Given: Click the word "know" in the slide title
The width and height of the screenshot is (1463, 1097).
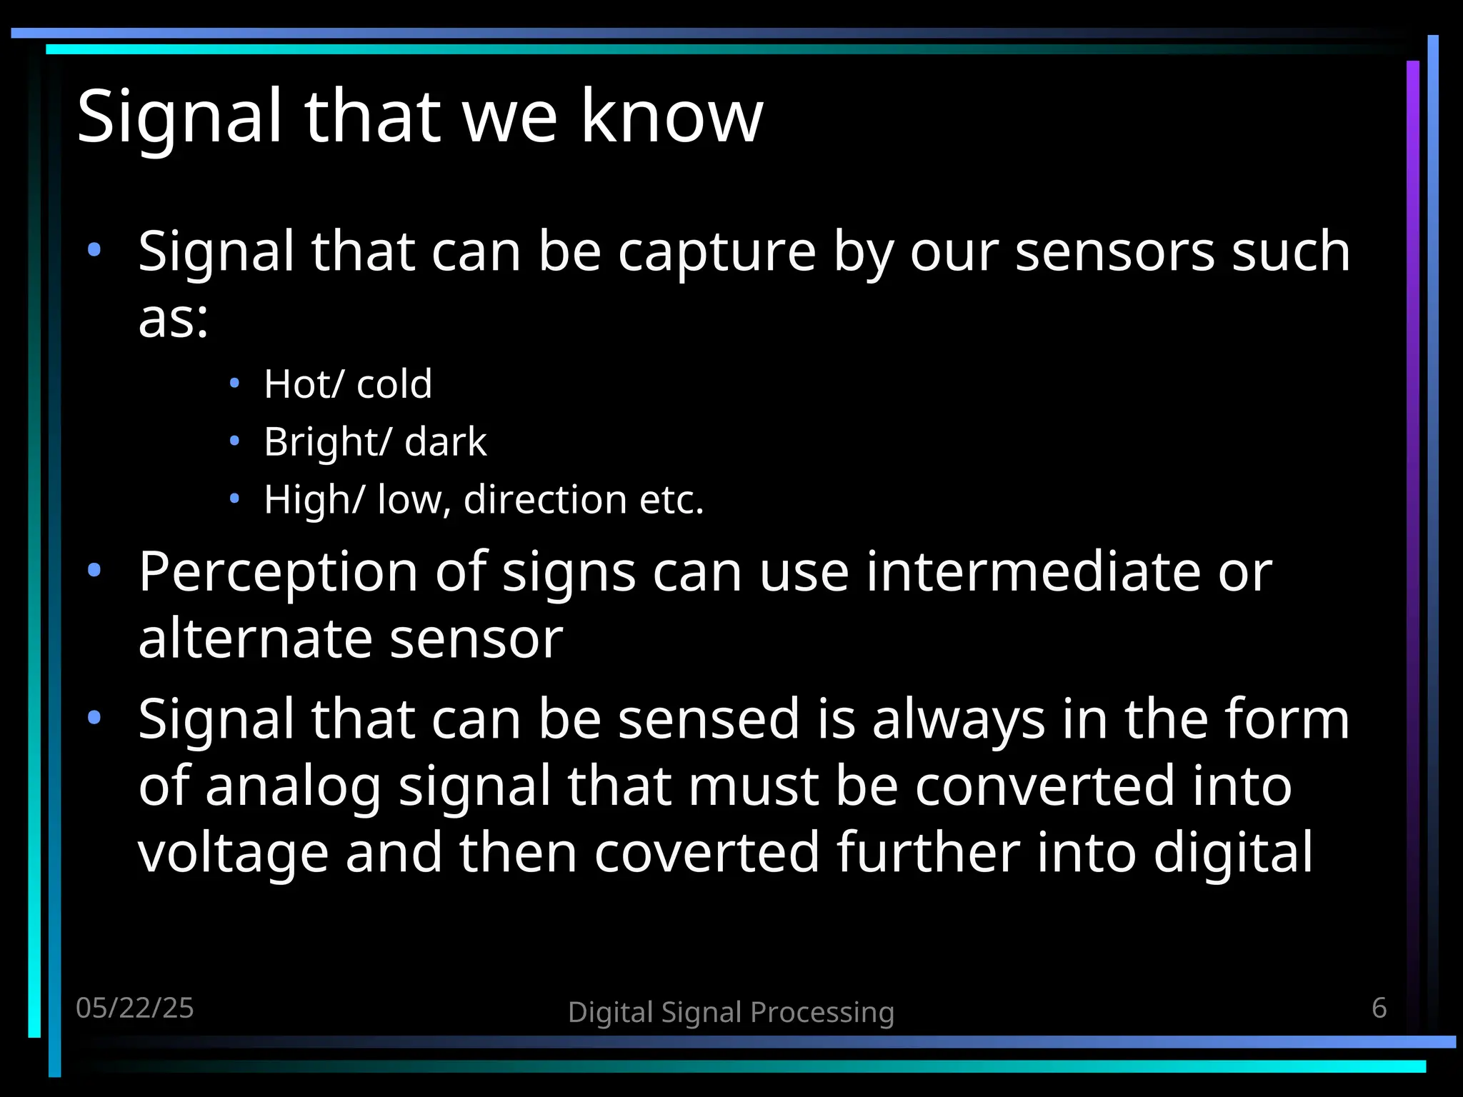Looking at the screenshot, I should click(x=671, y=116).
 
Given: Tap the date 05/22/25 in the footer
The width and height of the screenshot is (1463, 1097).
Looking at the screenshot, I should click(x=135, y=1008).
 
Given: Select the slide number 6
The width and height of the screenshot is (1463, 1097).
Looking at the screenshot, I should click(x=1379, y=1008).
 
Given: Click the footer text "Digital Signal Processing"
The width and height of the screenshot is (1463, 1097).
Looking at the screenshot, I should click(x=731, y=1012).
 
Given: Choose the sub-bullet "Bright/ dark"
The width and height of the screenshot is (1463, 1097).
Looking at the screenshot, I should click(x=375, y=441).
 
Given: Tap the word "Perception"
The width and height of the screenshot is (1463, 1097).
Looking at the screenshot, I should click(x=279, y=573).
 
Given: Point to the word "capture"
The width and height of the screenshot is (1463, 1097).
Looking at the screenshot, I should click(x=716, y=252).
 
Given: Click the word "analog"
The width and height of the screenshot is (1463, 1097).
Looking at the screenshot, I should click(x=293, y=787).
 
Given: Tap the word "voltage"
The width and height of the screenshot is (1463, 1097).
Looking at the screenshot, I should click(x=233, y=853).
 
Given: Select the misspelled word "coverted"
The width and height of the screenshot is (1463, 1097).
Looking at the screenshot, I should click(x=706, y=852).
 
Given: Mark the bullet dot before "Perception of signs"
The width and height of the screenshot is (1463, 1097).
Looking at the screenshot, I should click(x=94, y=570).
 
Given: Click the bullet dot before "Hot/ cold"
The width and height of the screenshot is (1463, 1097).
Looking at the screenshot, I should click(x=234, y=384).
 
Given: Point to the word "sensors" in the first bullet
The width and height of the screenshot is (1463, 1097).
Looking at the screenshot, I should click(x=1114, y=252).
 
